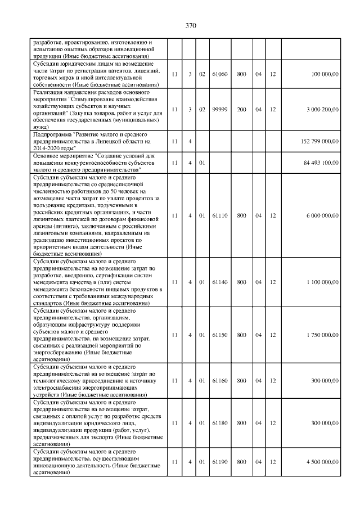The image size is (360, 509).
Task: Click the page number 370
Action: pos(190,25)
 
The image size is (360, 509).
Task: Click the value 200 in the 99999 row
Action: pos(241,109)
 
